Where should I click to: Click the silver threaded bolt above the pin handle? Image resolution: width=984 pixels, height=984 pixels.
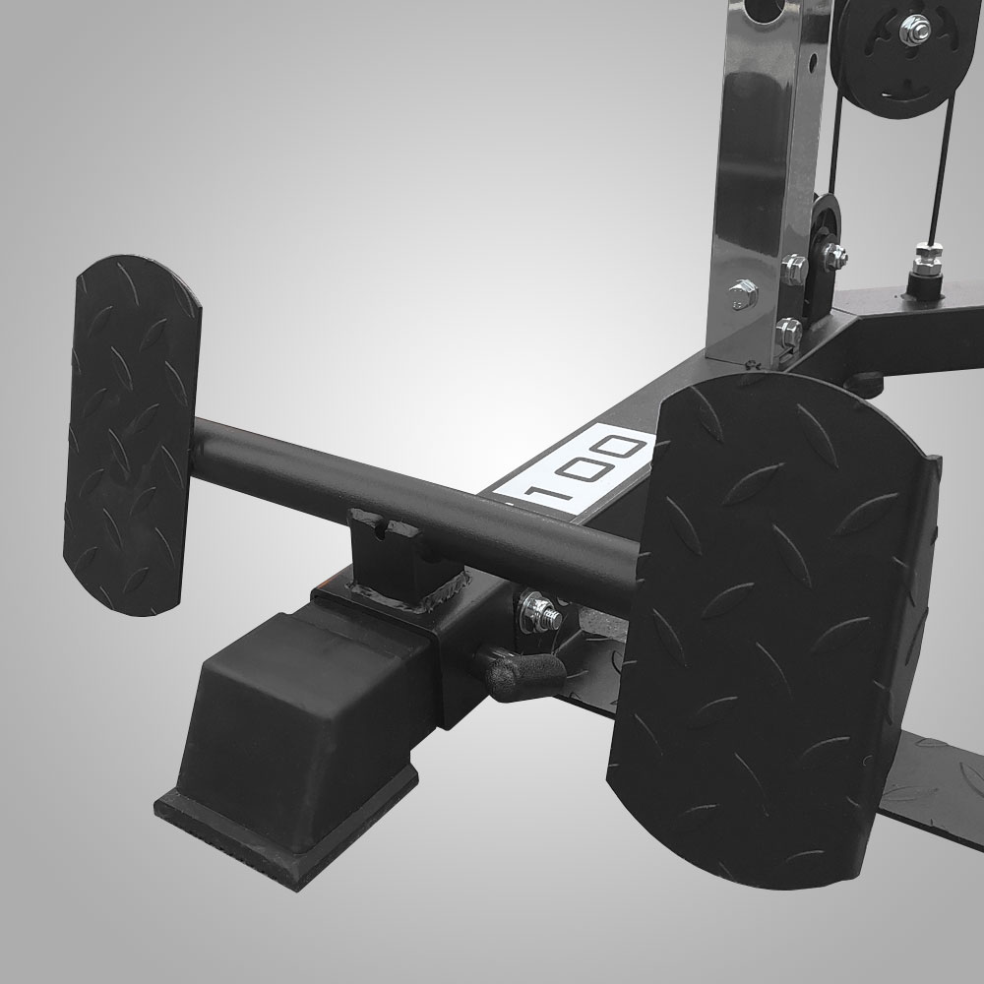[541, 611]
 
